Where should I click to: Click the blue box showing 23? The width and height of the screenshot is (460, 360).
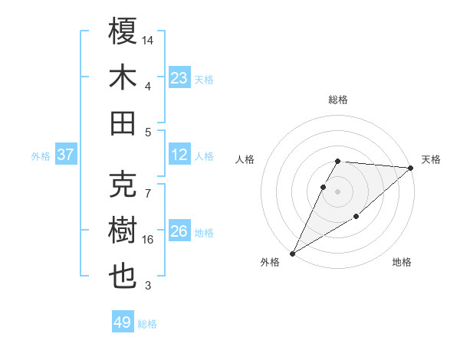click(179, 77)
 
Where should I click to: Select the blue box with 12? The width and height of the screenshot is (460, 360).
click(179, 155)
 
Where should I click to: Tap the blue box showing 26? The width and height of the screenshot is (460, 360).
click(179, 231)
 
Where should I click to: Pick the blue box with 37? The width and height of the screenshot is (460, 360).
click(66, 155)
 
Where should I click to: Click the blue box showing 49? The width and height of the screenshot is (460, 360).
click(123, 322)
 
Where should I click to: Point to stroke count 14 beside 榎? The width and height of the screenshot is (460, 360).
click(148, 39)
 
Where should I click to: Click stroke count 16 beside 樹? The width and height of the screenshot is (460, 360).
click(148, 240)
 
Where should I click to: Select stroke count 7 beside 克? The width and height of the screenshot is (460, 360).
click(148, 185)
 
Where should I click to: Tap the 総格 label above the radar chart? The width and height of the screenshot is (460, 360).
click(338, 100)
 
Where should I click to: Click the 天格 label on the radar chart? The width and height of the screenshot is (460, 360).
click(431, 159)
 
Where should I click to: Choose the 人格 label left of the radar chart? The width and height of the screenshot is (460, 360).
click(245, 159)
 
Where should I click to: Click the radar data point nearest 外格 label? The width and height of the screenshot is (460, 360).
click(292, 253)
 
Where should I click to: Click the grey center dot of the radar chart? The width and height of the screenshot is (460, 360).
click(338, 191)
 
